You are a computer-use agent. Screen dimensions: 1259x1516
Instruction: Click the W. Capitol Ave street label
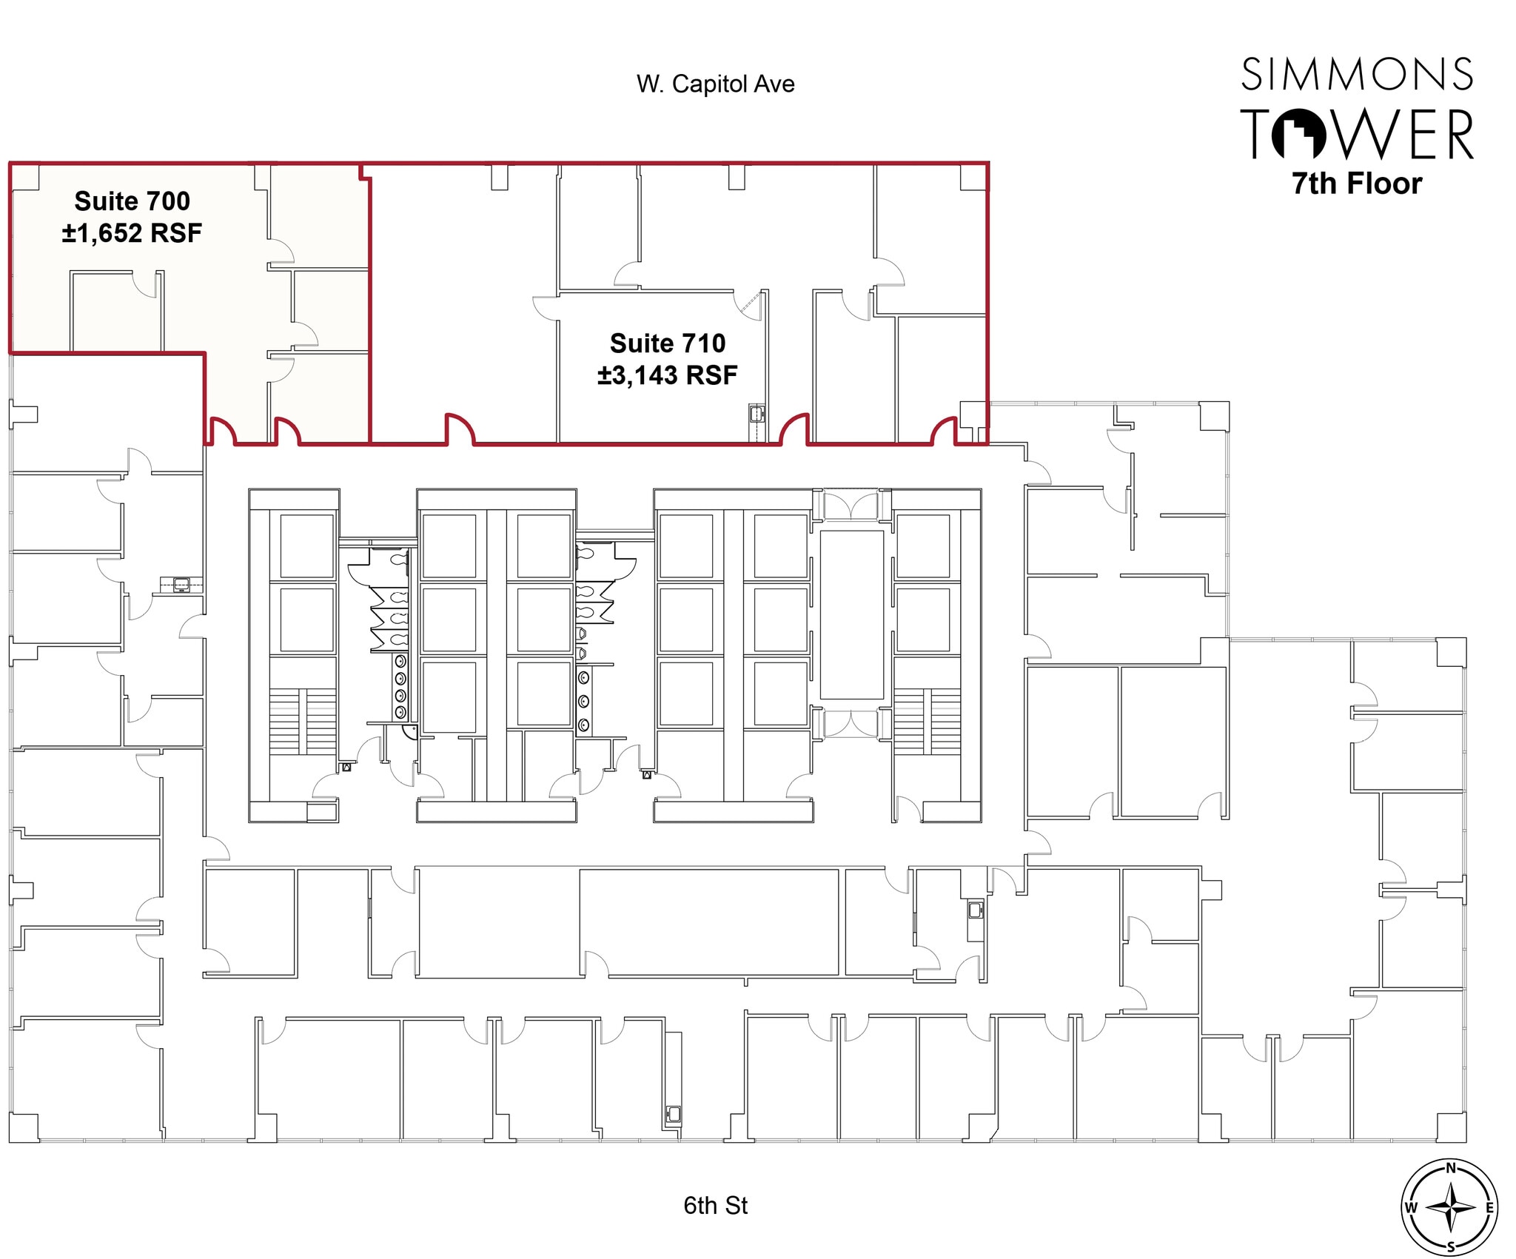tap(715, 84)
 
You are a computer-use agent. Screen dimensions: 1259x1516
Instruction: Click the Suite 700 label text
tap(132, 201)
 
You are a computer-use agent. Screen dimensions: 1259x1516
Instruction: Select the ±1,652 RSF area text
tap(132, 233)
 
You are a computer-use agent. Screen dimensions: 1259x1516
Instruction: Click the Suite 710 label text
tap(667, 343)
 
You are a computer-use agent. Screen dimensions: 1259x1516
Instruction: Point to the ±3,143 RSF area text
tap(667, 375)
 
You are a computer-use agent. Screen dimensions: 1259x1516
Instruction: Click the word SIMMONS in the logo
tap(1357, 75)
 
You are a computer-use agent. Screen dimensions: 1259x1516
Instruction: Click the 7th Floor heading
tap(1357, 184)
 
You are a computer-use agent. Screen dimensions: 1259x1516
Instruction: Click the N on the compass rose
tap(1450, 1168)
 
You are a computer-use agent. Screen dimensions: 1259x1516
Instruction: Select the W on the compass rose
tap(1411, 1208)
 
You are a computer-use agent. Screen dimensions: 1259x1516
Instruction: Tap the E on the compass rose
tap(1489, 1208)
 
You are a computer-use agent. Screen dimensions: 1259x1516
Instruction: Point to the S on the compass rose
tap(1450, 1247)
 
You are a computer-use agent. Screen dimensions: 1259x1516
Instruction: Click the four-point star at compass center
tap(1450, 1208)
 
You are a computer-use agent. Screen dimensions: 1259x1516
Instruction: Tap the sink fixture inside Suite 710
tap(756, 413)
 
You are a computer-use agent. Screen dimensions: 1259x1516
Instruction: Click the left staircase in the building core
tap(302, 721)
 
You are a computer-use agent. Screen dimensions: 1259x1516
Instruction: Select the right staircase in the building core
tap(927, 721)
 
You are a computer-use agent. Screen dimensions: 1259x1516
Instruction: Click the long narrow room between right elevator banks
tap(851, 614)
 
